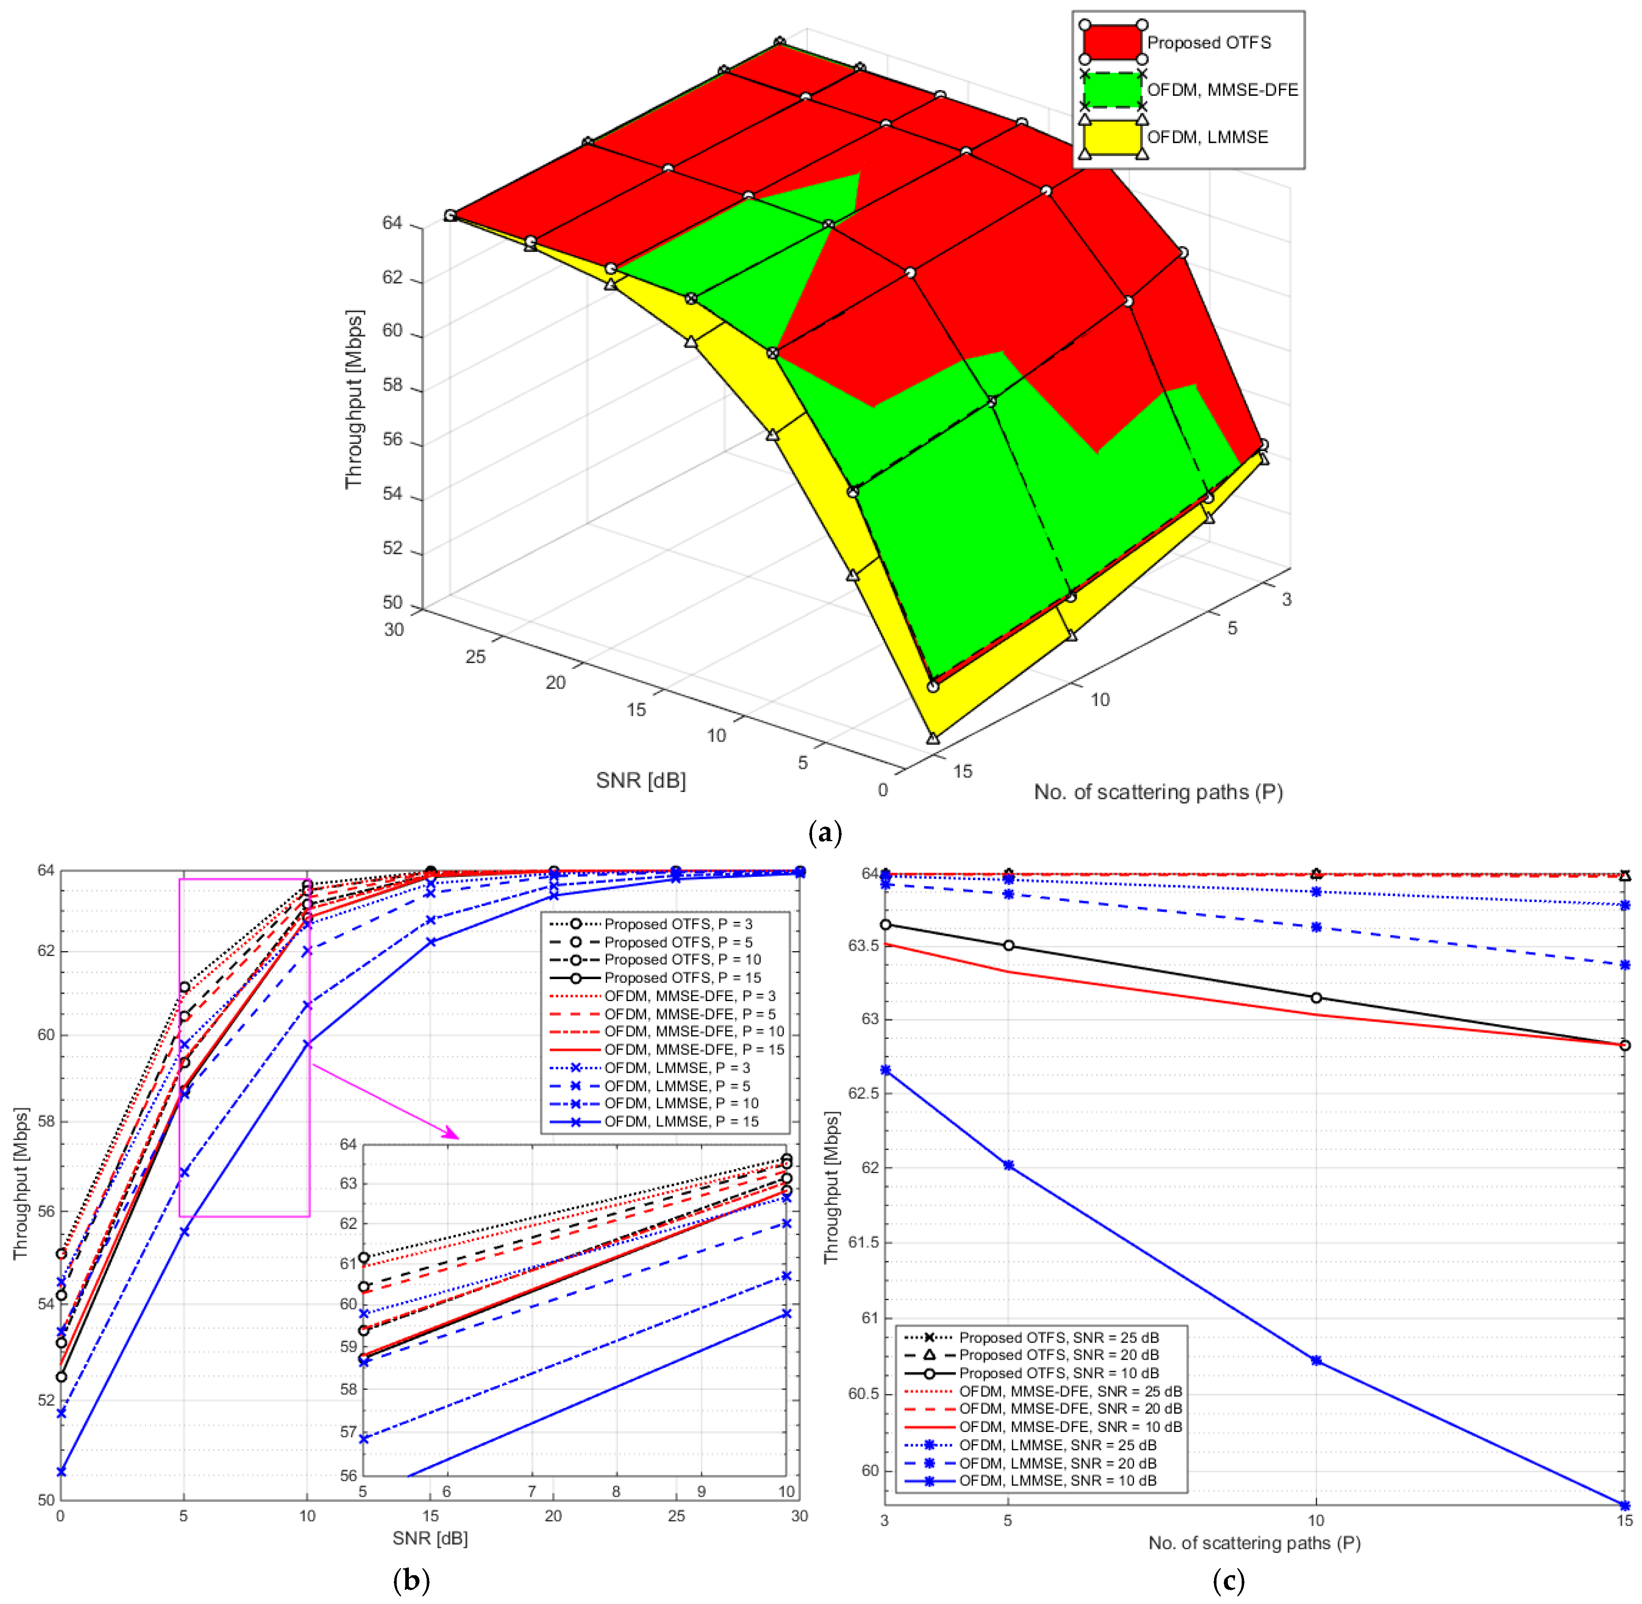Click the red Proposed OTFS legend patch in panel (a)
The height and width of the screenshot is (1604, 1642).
click(1113, 42)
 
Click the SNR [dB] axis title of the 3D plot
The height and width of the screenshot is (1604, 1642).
click(641, 781)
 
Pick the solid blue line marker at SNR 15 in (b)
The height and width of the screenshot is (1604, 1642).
click(431, 942)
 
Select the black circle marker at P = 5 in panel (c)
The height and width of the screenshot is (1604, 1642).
click(1008, 945)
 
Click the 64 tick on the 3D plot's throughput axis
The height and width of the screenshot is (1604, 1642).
click(392, 223)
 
